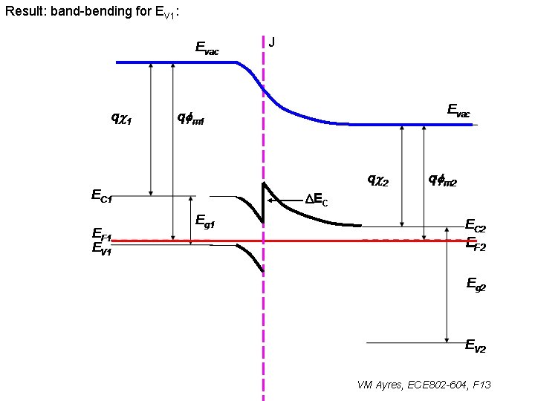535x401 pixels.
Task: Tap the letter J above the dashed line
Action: tap(272, 42)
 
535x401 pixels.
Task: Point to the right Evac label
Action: tap(458, 111)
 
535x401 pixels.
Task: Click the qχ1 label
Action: tap(121, 117)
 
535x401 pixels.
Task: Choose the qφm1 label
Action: tap(190, 117)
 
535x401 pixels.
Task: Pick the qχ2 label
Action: tap(378, 179)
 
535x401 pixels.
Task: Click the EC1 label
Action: tap(102, 196)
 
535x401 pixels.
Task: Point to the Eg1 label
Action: tap(206, 220)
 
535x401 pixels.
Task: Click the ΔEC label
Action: tap(317, 200)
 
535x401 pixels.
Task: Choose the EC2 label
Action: tap(475, 225)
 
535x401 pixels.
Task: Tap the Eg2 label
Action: tap(476, 283)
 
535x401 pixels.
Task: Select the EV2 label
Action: tap(476, 345)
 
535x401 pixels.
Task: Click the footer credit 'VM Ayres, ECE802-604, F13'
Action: tap(424, 385)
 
